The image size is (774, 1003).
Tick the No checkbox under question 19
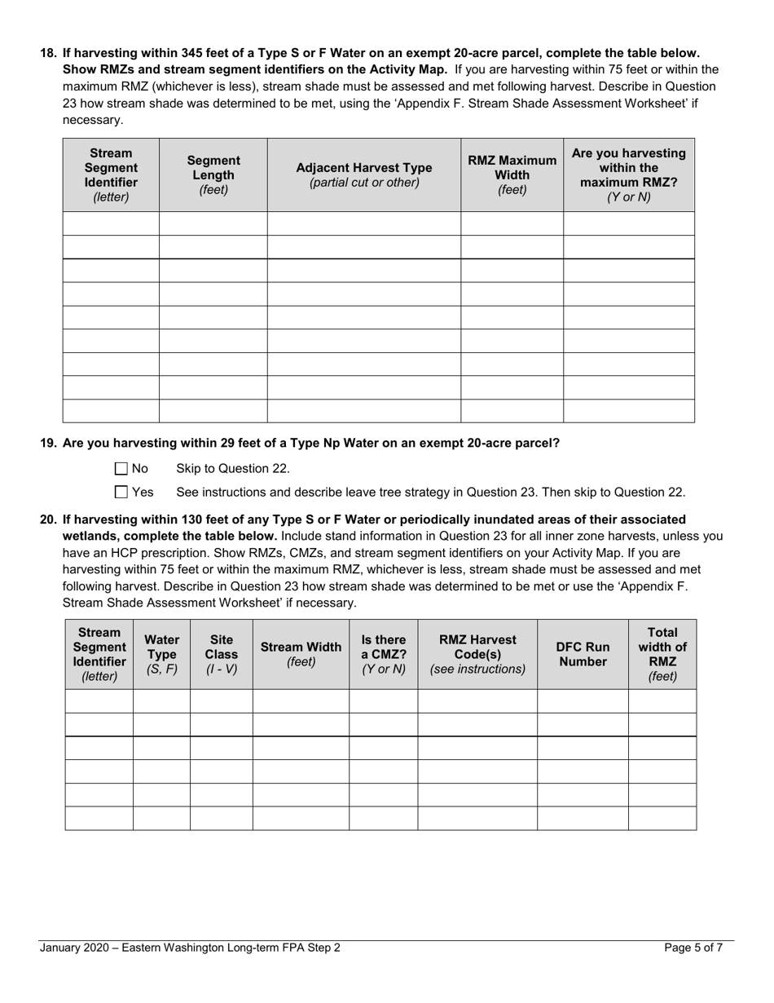pos(121,469)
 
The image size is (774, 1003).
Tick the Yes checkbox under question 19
pos(121,492)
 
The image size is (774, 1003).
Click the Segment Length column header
pos(213,175)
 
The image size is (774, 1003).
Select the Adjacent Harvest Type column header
pos(363,175)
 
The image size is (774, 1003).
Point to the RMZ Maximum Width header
pos(512,175)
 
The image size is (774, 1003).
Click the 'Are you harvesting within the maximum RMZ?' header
pos(628,175)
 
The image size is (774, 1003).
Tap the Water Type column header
pos(161,654)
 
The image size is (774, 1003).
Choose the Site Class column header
pos(221,654)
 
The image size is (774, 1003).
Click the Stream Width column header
pos(301,654)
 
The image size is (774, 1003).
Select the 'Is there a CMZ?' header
pos(383,654)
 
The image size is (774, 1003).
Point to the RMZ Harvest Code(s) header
pos(477,654)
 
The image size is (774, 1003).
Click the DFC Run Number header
pos(583,654)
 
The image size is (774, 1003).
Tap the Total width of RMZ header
pos(662,654)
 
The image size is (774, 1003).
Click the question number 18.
pos(48,52)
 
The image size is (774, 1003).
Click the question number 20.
pos(48,519)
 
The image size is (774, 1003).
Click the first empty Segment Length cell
pos(213,223)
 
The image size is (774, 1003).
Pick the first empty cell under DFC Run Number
pos(583,701)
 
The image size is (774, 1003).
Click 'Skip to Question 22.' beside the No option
pos(233,469)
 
